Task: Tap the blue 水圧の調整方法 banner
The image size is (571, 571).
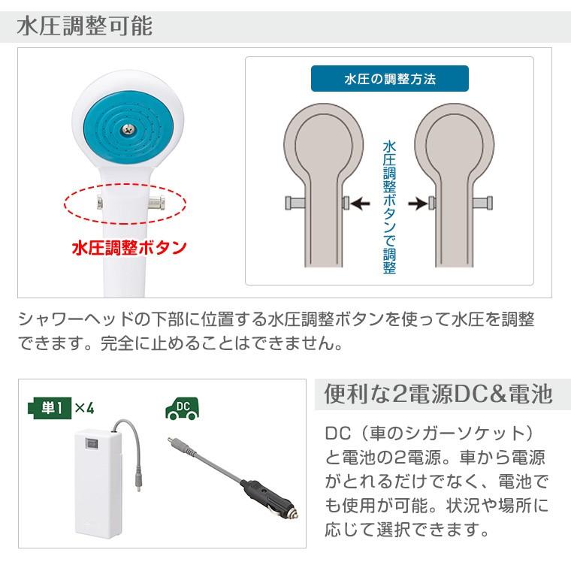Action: point(389,79)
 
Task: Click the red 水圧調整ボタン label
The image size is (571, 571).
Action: point(129,249)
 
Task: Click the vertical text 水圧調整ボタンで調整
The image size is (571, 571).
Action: point(389,206)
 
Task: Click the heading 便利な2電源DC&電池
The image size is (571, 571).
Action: point(438,394)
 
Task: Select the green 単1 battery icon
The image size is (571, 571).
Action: point(50,409)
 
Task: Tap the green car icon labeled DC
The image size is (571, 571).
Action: point(181,409)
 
